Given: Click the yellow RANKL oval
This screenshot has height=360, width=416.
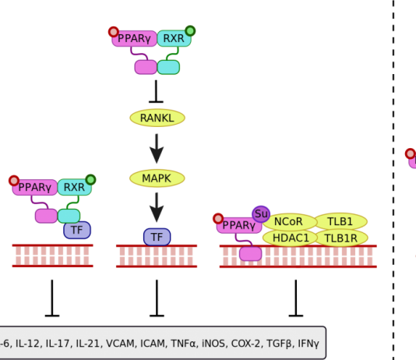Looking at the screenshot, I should click(157, 118).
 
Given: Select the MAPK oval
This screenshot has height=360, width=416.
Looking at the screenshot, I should click(157, 178).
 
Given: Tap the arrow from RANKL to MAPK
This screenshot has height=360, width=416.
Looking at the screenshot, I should click(157, 148).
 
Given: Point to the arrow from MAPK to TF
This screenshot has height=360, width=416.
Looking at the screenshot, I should click(157, 206).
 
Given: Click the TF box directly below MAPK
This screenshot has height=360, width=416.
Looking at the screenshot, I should click(157, 237).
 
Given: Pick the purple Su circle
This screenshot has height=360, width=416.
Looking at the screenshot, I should click(261, 214).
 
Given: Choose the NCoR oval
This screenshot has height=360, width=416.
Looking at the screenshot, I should click(288, 221).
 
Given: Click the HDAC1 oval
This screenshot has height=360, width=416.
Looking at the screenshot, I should click(289, 238).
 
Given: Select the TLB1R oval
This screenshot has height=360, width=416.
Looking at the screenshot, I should click(340, 238).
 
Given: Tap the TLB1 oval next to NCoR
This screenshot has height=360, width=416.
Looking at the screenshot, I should click(340, 221).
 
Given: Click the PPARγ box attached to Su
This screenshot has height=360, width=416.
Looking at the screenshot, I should click(238, 226).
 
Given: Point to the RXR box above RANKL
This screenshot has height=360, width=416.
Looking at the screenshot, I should click(174, 38).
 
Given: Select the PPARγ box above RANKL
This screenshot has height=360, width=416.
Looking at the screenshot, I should click(134, 38).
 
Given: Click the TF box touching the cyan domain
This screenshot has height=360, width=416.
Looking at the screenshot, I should click(76, 230).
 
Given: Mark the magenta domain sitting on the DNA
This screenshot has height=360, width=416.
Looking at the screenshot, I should click(250, 254).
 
